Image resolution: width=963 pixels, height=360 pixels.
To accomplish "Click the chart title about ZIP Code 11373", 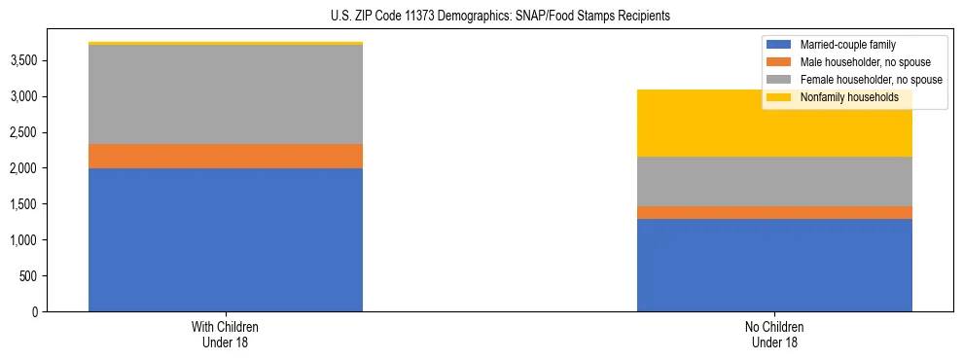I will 481,17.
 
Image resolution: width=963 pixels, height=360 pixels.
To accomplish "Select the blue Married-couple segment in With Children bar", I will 226,239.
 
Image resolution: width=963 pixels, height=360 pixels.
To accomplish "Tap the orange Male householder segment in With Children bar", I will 226,156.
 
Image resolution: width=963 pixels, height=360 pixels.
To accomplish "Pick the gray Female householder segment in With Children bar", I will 226,94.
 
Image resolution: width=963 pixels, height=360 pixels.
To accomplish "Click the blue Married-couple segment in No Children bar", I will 774,265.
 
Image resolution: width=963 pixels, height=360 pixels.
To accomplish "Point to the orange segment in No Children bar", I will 774,212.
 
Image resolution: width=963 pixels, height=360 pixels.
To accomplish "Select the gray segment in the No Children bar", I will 774,181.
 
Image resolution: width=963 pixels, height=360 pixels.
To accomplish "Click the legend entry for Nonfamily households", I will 849,97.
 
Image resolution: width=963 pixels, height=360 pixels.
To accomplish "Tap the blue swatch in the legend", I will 779,46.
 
